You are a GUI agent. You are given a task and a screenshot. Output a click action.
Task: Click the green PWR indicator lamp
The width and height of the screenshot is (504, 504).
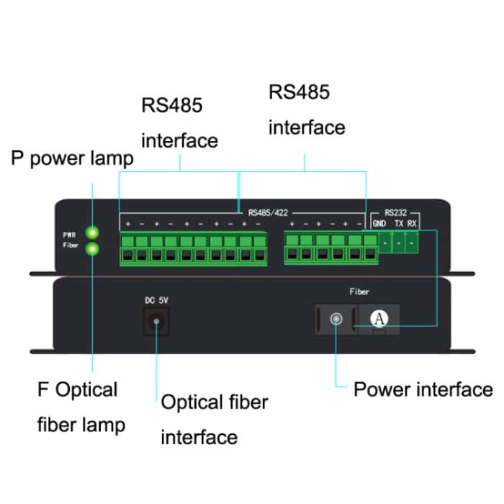pyautogui.click(x=92, y=233)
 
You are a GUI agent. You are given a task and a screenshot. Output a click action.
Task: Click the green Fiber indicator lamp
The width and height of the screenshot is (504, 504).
pyautogui.click(x=92, y=249)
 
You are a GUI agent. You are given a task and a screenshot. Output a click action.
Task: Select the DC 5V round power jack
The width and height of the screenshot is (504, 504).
pyautogui.click(x=156, y=322)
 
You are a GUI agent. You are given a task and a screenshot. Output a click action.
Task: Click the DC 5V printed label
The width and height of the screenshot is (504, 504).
pyautogui.click(x=156, y=300)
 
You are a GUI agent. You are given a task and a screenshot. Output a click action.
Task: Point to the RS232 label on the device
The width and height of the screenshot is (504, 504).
pyautogui.click(x=395, y=213)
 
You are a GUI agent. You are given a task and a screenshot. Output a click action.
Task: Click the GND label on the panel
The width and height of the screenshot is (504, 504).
pyautogui.click(x=379, y=224)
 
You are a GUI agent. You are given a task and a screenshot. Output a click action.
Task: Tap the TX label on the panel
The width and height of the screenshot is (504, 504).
pyautogui.click(x=399, y=224)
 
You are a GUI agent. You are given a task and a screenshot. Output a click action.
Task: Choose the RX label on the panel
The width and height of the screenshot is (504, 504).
pyautogui.click(x=412, y=224)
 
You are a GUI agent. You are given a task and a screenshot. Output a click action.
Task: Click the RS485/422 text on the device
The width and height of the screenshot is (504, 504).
pyautogui.click(x=266, y=213)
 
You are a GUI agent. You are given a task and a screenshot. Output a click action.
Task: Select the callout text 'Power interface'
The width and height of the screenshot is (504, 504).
pyautogui.click(x=423, y=390)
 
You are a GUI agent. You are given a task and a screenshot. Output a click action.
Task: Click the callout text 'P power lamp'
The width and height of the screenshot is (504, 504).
pyautogui.click(x=72, y=158)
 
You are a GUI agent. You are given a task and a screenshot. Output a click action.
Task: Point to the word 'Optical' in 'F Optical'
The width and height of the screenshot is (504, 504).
pyautogui.click(x=86, y=390)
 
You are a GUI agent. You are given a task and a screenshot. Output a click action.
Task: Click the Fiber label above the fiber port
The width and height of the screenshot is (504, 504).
pyautogui.click(x=359, y=292)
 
